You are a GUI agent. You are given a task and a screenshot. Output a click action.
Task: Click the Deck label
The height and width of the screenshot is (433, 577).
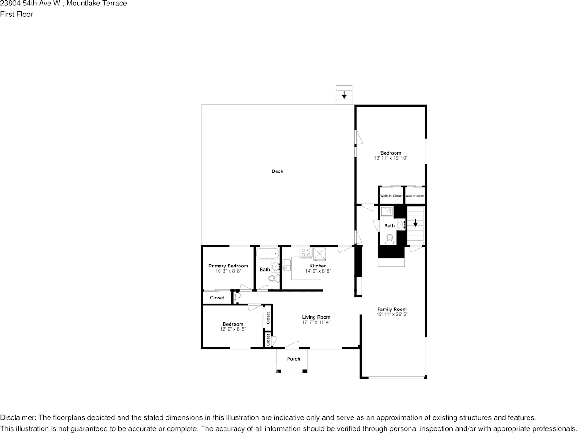(x=278, y=171)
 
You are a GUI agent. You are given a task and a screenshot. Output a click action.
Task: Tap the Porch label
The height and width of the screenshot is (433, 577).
(x=294, y=359)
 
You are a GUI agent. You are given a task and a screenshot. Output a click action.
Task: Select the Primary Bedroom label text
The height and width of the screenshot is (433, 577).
(x=228, y=266)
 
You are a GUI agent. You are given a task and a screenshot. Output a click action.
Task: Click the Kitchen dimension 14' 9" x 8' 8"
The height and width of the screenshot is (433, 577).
(x=318, y=271)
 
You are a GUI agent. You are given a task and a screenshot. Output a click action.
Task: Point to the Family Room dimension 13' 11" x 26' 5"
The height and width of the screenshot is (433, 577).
(x=392, y=315)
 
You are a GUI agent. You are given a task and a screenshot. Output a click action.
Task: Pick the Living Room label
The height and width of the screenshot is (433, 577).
(x=316, y=317)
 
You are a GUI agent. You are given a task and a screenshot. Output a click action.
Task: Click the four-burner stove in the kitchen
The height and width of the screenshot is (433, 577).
(x=305, y=253)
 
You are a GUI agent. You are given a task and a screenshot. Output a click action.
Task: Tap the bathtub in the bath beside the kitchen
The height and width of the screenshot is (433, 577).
(x=267, y=253)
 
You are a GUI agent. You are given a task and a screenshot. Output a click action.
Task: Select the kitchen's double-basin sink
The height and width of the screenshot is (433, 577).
(x=286, y=265)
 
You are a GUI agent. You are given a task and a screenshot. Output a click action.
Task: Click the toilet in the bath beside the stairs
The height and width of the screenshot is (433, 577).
(x=390, y=238)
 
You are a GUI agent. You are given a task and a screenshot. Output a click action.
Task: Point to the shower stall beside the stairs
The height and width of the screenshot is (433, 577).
(x=387, y=211)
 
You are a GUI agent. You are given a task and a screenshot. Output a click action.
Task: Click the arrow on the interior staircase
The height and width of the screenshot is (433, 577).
(x=415, y=224)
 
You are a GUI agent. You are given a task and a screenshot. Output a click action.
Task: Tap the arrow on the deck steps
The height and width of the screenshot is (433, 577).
(x=344, y=95)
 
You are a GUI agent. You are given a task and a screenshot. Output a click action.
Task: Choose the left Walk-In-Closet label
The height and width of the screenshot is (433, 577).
(x=391, y=196)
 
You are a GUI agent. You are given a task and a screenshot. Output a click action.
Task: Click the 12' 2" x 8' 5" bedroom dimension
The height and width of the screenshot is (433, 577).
(x=233, y=329)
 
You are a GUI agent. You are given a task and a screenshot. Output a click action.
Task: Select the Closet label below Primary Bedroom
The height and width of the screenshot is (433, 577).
(x=217, y=298)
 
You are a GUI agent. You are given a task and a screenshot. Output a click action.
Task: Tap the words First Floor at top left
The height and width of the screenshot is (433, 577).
(x=16, y=14)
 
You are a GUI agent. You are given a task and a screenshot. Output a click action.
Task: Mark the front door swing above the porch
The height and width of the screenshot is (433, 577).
(x=293, y=345)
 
